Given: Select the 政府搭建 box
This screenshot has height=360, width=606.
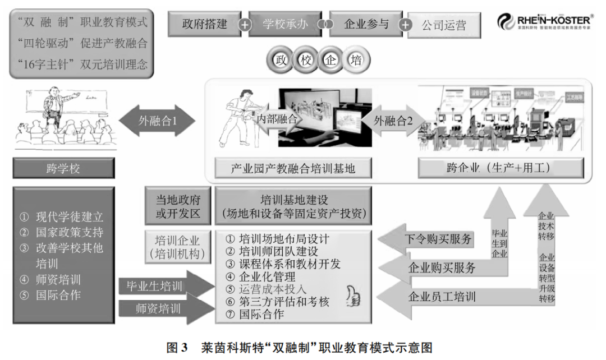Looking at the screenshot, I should coord(204,24).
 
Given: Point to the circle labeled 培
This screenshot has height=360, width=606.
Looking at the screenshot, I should coord(356,60).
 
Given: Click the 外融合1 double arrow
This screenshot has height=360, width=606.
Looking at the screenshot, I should coord(158,121).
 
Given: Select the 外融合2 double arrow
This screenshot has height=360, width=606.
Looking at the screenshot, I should coord(393,120).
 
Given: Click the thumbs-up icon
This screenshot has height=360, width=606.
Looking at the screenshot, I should coord(353,295).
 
